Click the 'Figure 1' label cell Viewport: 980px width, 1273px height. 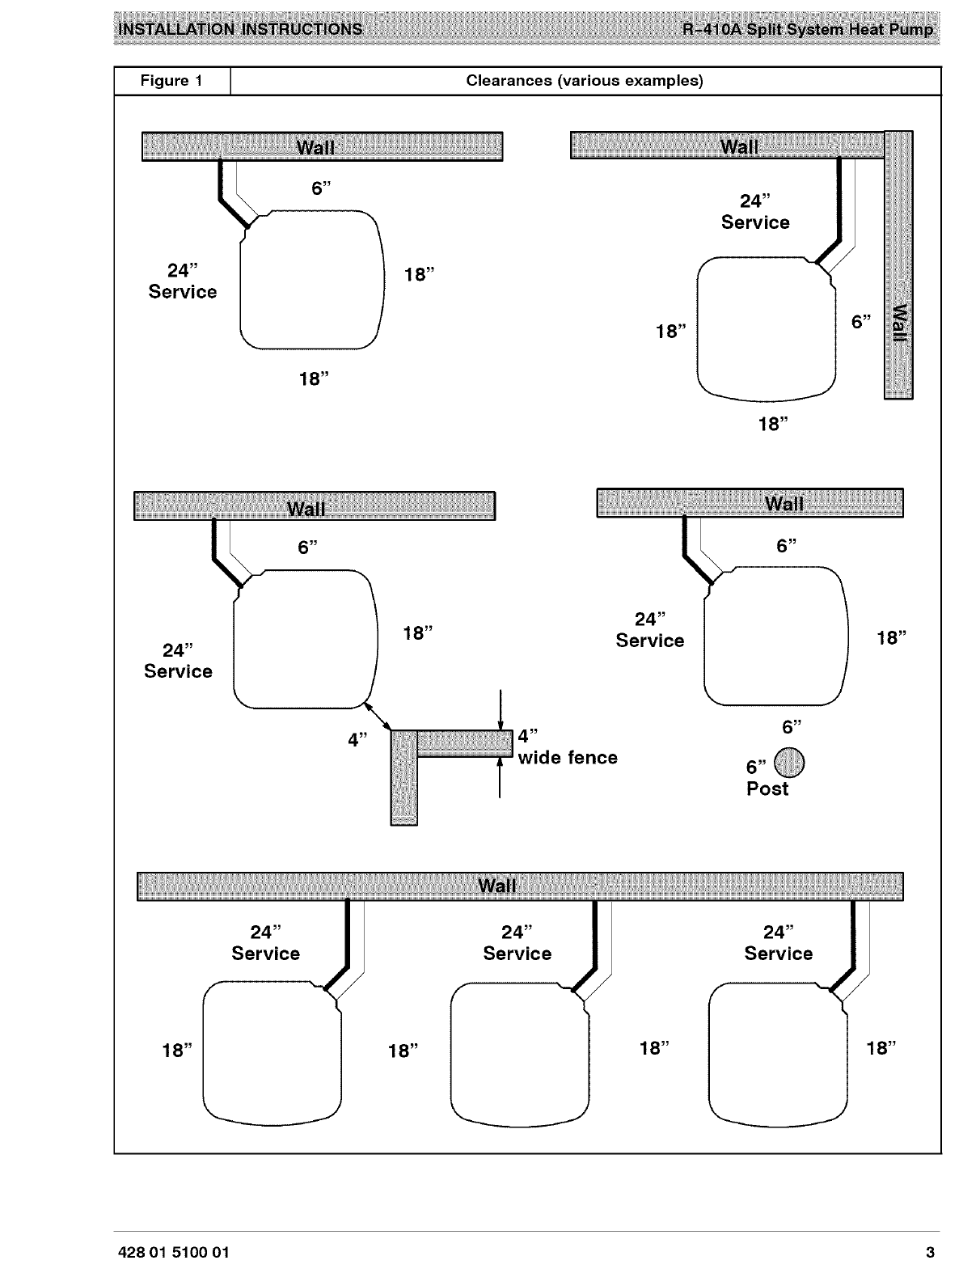click(x=171, y=81)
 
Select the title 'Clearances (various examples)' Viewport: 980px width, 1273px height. click(x=585, y=81)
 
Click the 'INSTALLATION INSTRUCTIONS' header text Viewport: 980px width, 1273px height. click(x=240, y=30)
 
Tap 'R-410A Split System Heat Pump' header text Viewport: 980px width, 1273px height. click(x=808, y=30)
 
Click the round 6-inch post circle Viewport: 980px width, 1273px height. click(x=790, y=761)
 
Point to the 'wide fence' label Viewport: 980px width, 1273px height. click(x=568, y=758)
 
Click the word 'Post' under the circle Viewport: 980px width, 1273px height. click(x=767, y=789)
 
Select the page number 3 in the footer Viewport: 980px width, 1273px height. click(x=930, y=1253)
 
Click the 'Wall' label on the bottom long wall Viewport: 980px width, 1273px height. click(x=496, y=886)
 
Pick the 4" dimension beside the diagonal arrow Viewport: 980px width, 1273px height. click(x=357, y=740)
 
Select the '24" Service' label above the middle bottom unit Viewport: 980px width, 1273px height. click(x=517, y=943)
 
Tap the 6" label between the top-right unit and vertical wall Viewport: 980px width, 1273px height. click(x=861, y=322)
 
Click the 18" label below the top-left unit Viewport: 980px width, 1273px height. click(x=314, y=379)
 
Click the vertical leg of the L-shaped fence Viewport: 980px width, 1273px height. click(x=403, y=780)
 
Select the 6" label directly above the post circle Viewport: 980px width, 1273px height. click(x=792, y=726)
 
